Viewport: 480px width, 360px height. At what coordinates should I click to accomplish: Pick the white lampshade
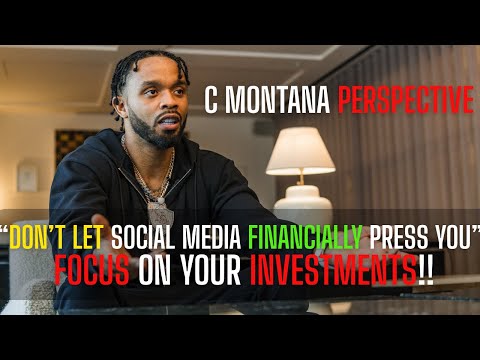click(x=300, y=149)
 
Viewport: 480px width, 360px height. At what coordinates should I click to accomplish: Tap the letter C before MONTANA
click(x=211, y=100)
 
